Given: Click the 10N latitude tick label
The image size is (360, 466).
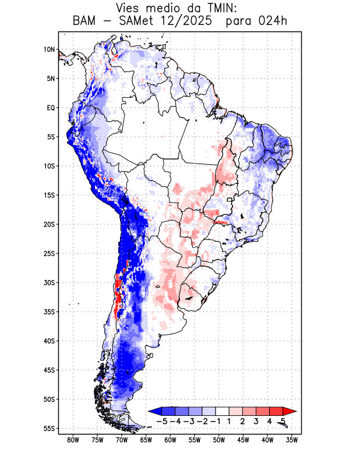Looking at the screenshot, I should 49,50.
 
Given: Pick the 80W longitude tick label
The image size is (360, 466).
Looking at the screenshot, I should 73,440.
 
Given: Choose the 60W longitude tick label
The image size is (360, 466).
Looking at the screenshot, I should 170,440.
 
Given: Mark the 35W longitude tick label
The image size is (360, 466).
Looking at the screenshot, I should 292,440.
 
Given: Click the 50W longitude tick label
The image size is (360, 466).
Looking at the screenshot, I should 219,440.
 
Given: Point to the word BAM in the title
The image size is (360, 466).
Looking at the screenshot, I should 86,22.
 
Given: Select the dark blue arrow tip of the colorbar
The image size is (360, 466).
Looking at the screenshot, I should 153,411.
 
